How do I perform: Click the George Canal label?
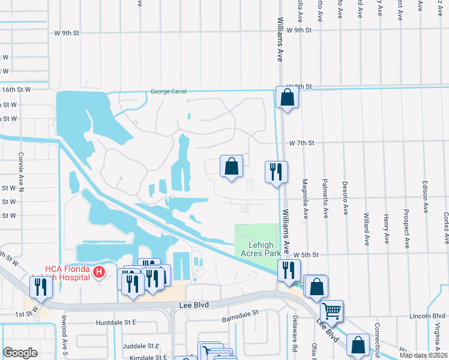pyautogui.click(x=168, y=92)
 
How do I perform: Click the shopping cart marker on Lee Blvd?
pyautogui.click(x=331, y=311)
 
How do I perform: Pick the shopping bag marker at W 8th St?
pyautogui.click(x=287, y=97)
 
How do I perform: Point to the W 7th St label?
pyautogui.click(x=301, y=143)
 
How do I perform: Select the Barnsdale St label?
pyautogui.click(x=240, y=313)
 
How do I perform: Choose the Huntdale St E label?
pyautogui.click(x=117, y=322)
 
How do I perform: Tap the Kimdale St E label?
pyautogui.click(x=140, y=357)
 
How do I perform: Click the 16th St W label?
pyautogui.click(x=16, y=89)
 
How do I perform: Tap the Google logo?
pyautogui.click(x=20, y=353)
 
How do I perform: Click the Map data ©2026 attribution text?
pyautogui.click(x=423, y=356)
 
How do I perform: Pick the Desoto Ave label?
pyautogui.click(x=345, y=199)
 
